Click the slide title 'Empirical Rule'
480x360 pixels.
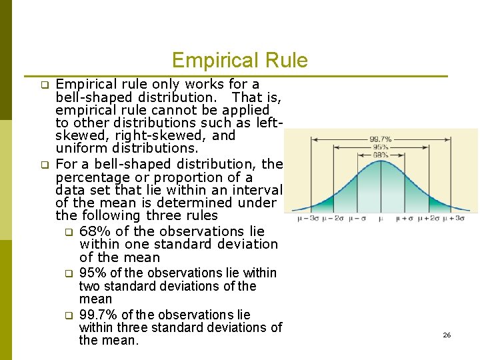point(239,61)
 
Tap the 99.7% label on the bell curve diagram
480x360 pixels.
point(381,139)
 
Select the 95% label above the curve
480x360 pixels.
point(381,147)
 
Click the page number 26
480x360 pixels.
point(447,335)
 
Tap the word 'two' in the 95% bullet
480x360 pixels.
point(89,286)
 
